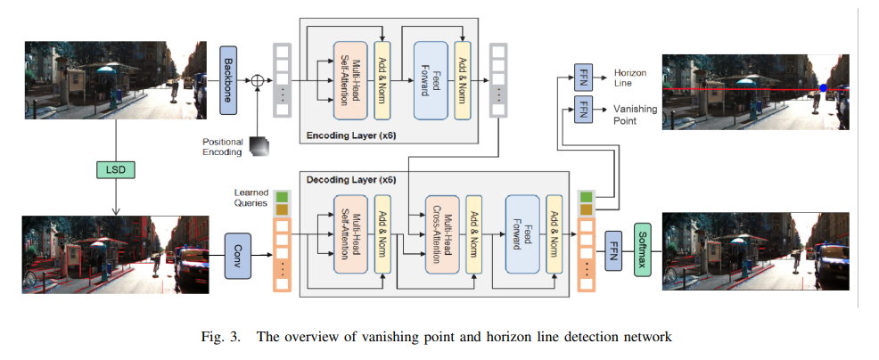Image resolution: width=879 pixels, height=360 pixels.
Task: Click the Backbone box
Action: [228, 80]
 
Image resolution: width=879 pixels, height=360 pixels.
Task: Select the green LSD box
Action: [116, 168]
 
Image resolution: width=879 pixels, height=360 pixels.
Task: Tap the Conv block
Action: [238, 256]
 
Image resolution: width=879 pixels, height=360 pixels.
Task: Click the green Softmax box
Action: [643, 250]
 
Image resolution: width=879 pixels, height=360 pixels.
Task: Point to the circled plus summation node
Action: [257, 80]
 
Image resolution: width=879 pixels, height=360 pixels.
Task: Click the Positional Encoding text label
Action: [223, 147]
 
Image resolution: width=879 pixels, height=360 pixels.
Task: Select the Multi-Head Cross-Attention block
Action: [442, 234]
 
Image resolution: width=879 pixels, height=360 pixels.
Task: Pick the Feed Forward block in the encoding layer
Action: [431, 80]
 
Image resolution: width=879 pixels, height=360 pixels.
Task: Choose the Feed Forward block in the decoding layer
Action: [522, 234]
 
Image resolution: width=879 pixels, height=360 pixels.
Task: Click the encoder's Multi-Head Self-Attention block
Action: [350, 80]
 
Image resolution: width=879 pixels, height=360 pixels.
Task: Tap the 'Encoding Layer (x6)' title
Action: [351, 135]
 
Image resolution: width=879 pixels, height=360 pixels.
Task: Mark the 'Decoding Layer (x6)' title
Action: [351, 181]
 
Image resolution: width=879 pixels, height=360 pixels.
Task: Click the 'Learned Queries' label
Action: [251, 198]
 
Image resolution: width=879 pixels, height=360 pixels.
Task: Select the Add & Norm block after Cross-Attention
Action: [474, 234]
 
